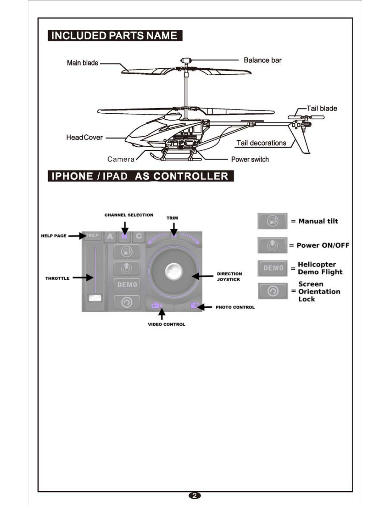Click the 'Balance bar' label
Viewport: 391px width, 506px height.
[x=262, y=60]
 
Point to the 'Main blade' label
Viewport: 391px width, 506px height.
[x=82, y=63]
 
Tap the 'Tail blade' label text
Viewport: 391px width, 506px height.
[x=321, y=108]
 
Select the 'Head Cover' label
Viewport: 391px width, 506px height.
[x=84, y=137]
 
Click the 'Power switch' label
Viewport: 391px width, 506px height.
[x=250, y=159]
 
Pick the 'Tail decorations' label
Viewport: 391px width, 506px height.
[x=261, y=143]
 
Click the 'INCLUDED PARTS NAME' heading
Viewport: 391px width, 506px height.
[x=115, y=35]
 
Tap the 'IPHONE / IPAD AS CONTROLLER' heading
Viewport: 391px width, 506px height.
[x=140, y=176]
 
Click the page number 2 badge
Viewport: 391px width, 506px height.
[x=195, y=495]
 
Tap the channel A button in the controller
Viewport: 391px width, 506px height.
[x=110, y=237]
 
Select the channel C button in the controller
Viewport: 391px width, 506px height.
[x=139, y=237]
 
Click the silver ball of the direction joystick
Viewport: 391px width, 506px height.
[x=174, y=271]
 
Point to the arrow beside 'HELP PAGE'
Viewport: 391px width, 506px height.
[x=77, y=236]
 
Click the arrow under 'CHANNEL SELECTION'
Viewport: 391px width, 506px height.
[x=125, y=228]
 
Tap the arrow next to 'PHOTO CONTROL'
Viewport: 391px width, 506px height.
[x=205, y=307]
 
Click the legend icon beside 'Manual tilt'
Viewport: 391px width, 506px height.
[x=272, y=221]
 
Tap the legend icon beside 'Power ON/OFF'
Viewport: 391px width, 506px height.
[x=272, y=245]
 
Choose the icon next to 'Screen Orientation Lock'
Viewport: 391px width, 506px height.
[x=273, y=291]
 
